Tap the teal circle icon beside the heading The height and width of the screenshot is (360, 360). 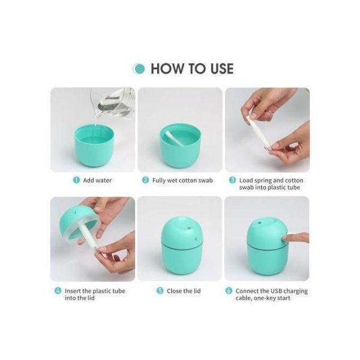pyautogui.click(x=139, y=68)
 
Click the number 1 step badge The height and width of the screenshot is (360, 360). pyautogui.click(x=76, y=179)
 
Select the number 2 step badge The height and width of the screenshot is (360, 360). pyautogui.click(x=145, y=179)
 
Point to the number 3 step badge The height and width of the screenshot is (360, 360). pyautogui.click(x=232, y=179)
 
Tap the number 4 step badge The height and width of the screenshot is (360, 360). pyautogui.click(x=58, y=290)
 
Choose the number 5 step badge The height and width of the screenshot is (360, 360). pyautogui.click(x=160, y=290)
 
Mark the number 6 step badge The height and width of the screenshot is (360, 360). pyautogui.click(x=229, y=290)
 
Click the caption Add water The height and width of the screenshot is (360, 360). pyautogui.click(x=97, y=179)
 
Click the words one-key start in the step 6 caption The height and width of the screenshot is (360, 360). pyautogui.click(x=277, y=298)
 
